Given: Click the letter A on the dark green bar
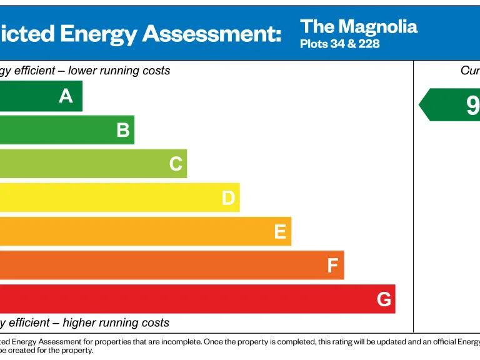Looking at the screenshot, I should (66, 96).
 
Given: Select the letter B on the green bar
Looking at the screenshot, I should (123, 130).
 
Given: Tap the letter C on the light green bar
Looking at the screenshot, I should (176, 164).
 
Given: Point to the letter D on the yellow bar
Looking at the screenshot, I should (228, 198).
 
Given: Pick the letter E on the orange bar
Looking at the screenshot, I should (280, 232).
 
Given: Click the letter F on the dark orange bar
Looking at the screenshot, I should (332, 266).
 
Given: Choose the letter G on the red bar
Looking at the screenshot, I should (384, 299).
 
